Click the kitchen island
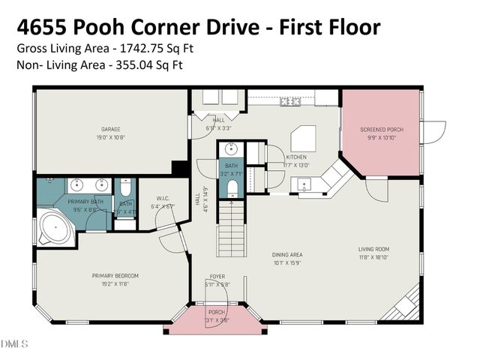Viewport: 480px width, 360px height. coord(304,139)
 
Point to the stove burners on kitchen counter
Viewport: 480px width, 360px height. coord(289,100)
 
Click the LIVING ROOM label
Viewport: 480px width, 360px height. coord(373,250)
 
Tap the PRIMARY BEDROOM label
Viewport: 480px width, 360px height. coord(115,276)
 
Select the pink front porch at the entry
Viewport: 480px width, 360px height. coord(216,319)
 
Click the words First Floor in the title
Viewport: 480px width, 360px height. coord(330,27)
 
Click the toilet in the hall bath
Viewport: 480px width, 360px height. coord(232,187)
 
